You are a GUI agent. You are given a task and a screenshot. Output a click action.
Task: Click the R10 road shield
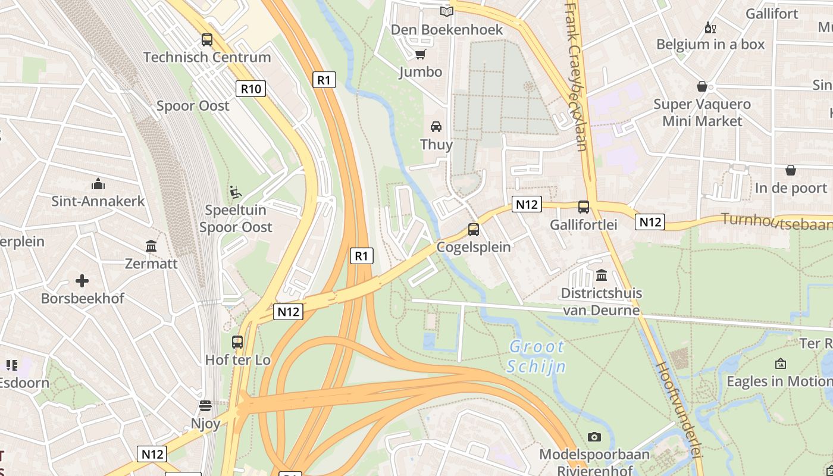pos(250,89)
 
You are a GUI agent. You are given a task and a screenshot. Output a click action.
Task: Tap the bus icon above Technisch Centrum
pos(206,40)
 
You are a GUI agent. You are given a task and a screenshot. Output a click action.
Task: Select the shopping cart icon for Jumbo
pos(421,55)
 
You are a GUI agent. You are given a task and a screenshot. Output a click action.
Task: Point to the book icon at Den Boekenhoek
pos(446,11)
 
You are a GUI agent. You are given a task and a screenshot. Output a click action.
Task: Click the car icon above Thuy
pos(436,127)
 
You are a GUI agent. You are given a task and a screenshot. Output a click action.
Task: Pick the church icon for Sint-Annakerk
pos(98,184)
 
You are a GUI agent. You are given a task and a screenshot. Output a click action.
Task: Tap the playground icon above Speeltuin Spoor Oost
pos(236,192)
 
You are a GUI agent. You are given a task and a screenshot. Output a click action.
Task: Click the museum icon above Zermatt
pos(151,246)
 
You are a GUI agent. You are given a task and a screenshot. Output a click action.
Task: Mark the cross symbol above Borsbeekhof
pos(82,281)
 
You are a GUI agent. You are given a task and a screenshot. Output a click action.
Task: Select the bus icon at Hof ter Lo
pos(237,342)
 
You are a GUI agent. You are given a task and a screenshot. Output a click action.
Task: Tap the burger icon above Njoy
pos(205,406)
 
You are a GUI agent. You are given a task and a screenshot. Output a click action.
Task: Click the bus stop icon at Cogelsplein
pos(474,229)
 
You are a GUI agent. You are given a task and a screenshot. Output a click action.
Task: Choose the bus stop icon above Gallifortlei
pos(583,207)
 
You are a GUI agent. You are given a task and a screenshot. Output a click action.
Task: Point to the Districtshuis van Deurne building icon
pos(601,275)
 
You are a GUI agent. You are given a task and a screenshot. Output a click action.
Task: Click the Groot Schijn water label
pos(537,356)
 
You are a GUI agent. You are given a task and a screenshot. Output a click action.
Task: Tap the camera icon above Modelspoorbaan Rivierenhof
pos(594,437)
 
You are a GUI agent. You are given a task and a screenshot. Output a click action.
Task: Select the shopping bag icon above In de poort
pos(791,171)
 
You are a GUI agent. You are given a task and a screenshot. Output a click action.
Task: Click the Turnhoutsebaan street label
pos(776,221)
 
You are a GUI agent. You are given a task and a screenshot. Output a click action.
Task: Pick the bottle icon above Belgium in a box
pos(709,27)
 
